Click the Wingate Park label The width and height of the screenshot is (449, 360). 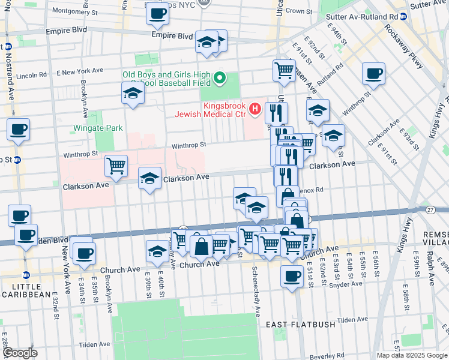point(98,128)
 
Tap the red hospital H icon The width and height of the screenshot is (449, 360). point(255,109)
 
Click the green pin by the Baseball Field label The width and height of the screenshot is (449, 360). point(220,78)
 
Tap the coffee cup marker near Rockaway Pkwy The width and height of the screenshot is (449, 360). point(373,74)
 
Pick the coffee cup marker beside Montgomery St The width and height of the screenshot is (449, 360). point(157,13)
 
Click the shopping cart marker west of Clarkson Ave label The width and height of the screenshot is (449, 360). point(116,166)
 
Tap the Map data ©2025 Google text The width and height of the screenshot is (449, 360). point(412,355)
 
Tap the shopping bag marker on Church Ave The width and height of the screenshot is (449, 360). point(202,245)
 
